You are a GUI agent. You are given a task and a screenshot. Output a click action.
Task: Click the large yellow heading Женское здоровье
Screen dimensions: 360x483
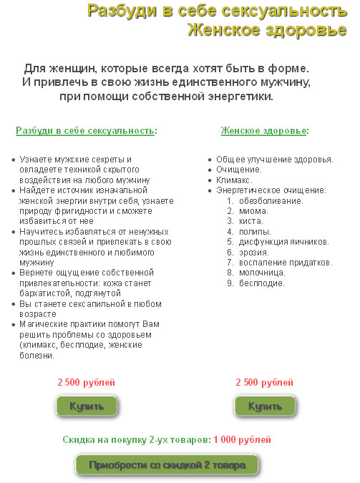tap(266, 31)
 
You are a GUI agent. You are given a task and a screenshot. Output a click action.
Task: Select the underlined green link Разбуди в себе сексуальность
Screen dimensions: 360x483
tap(85, 131)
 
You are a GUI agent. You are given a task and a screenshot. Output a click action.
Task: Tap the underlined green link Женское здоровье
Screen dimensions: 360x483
tap(263, 131)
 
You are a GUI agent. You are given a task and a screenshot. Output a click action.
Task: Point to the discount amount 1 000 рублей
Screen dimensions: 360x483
tap(243, 440)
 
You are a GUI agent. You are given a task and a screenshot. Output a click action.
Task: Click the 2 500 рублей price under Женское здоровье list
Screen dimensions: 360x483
tap(264, 383)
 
